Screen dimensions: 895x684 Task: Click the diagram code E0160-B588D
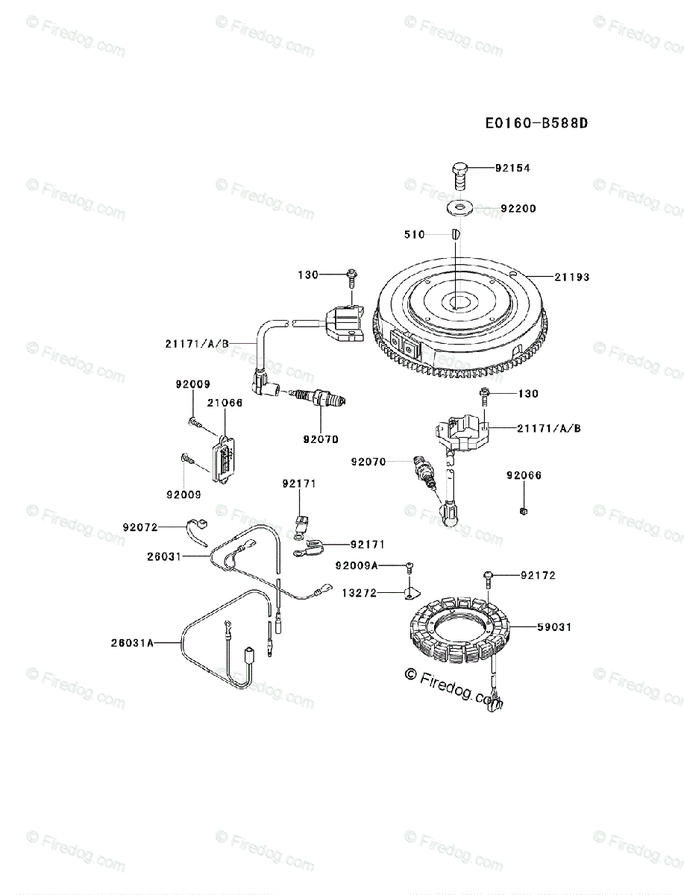click(x=536, y=122)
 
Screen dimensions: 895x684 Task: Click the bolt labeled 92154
click(x=459, y=175)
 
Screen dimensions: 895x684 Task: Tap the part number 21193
click(x=571, y=277)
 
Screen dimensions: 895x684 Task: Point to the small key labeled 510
click(x=455, y=234)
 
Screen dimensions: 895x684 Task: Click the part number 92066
click(x=524, y=475)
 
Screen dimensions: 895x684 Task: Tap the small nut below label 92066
click(x=524, y=509)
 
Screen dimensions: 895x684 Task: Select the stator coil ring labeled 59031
click(x=456, y=629)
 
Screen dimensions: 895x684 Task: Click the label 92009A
click(x=357, y=566)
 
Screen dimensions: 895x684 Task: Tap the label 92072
click(x=140, y=527)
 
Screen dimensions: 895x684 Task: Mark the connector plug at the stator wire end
click(x=497, y=700)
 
